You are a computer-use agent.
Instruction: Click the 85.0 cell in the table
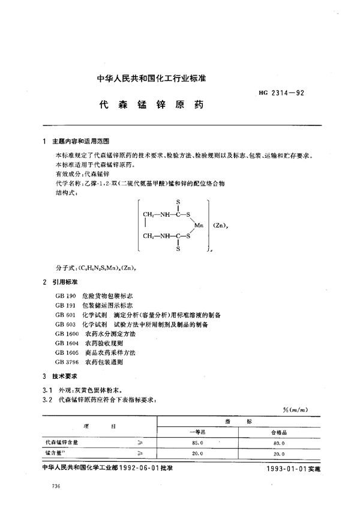[196, 442]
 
